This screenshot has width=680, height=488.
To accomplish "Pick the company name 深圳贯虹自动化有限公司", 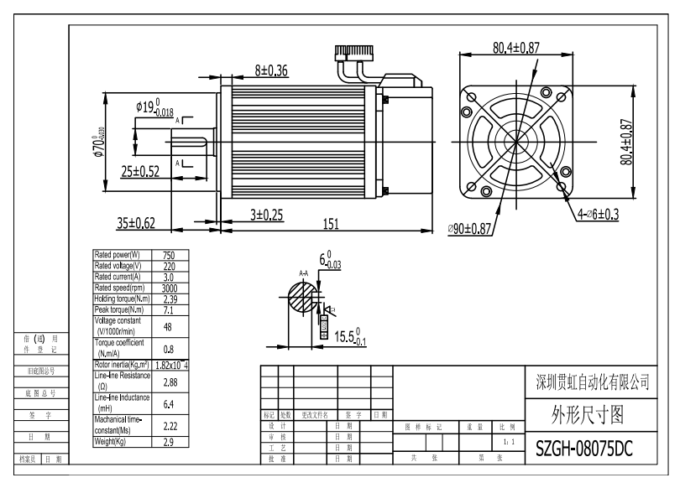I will pos(592,382).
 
